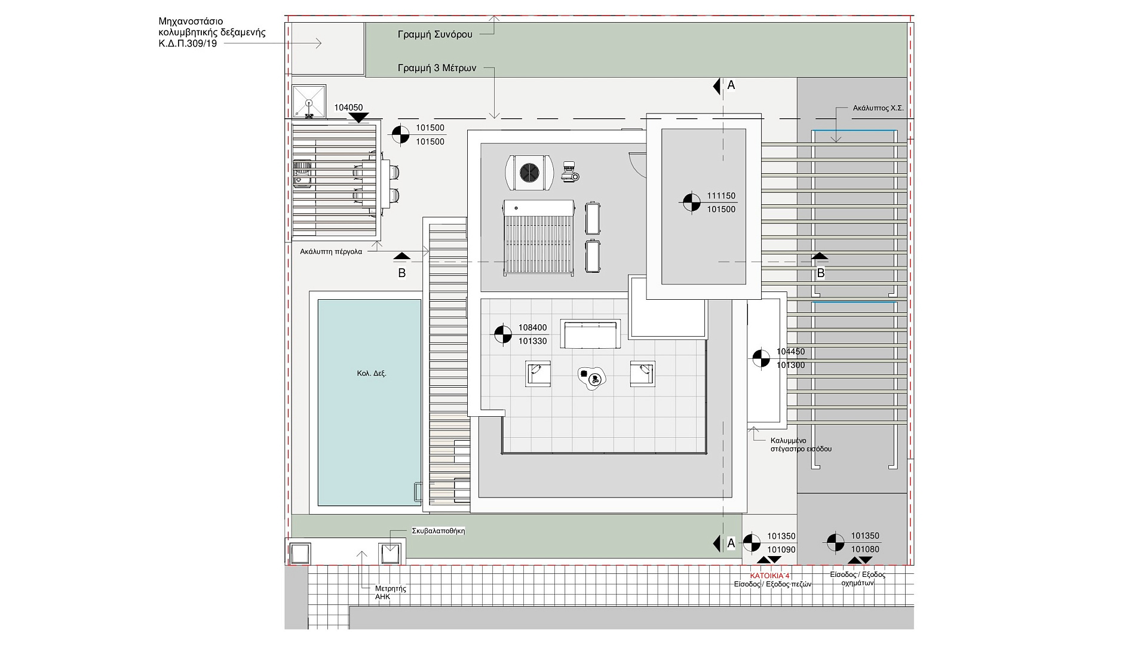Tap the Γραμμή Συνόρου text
pyautogui.click(x=435, y=35)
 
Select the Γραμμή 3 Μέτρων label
pyautogui.click(x=437, y=68)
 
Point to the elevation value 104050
pyautogui.click(x=348, y=108)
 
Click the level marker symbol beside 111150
pyautogui.click(x=691, y=202)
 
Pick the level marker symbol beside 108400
pyautogui.click(x=502, y=334)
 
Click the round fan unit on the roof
pyautogui.click(x=529, y=173)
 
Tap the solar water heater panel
pyautogui.click(x=539, y=238)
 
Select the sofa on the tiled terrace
pyautogui.click(x=590, y=334)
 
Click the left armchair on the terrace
pyautogui.click(x=538, y=374)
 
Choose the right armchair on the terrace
pyautogui.click(x=643, y=374)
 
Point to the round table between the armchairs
pyautogui.click(x=592, y=378)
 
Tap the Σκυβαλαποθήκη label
pyautogui.click(x=438, y=531)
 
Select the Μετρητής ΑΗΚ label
pyautogui.click(x=391, y=592)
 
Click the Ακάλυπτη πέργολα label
pyautogui.click(x=331, y=252)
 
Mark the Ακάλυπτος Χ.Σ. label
pyautogui.click(x=878, y=109)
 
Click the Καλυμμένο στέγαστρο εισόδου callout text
pyautogui.click(x=801, y=445)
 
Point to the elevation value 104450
pyautogui.click(x=791, y=352)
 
